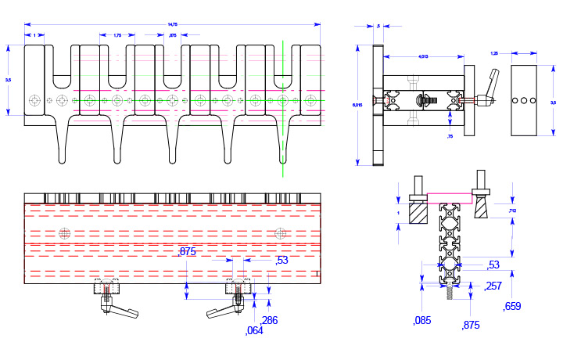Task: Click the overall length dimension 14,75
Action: coord(173,25)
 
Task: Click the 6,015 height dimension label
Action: coord(357,104)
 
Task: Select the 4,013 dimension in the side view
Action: coord(423,56)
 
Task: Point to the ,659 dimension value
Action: coord(513,306)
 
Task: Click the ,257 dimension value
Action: coord(493,286)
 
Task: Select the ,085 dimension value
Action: coord(422,320)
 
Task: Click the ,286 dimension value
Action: coord(269,320)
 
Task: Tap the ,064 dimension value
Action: coord(254,330)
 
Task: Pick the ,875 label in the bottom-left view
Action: coord(187,251)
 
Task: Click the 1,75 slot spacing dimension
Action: coord(117,35)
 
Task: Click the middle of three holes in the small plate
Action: coord(525,101)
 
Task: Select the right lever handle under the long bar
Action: coord(220,311)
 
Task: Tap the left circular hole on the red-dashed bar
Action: coord(63,232)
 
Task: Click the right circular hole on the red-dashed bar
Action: coord(279,232)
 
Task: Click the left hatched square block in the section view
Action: coord(419,213)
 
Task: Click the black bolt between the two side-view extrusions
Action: coord(425,101)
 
